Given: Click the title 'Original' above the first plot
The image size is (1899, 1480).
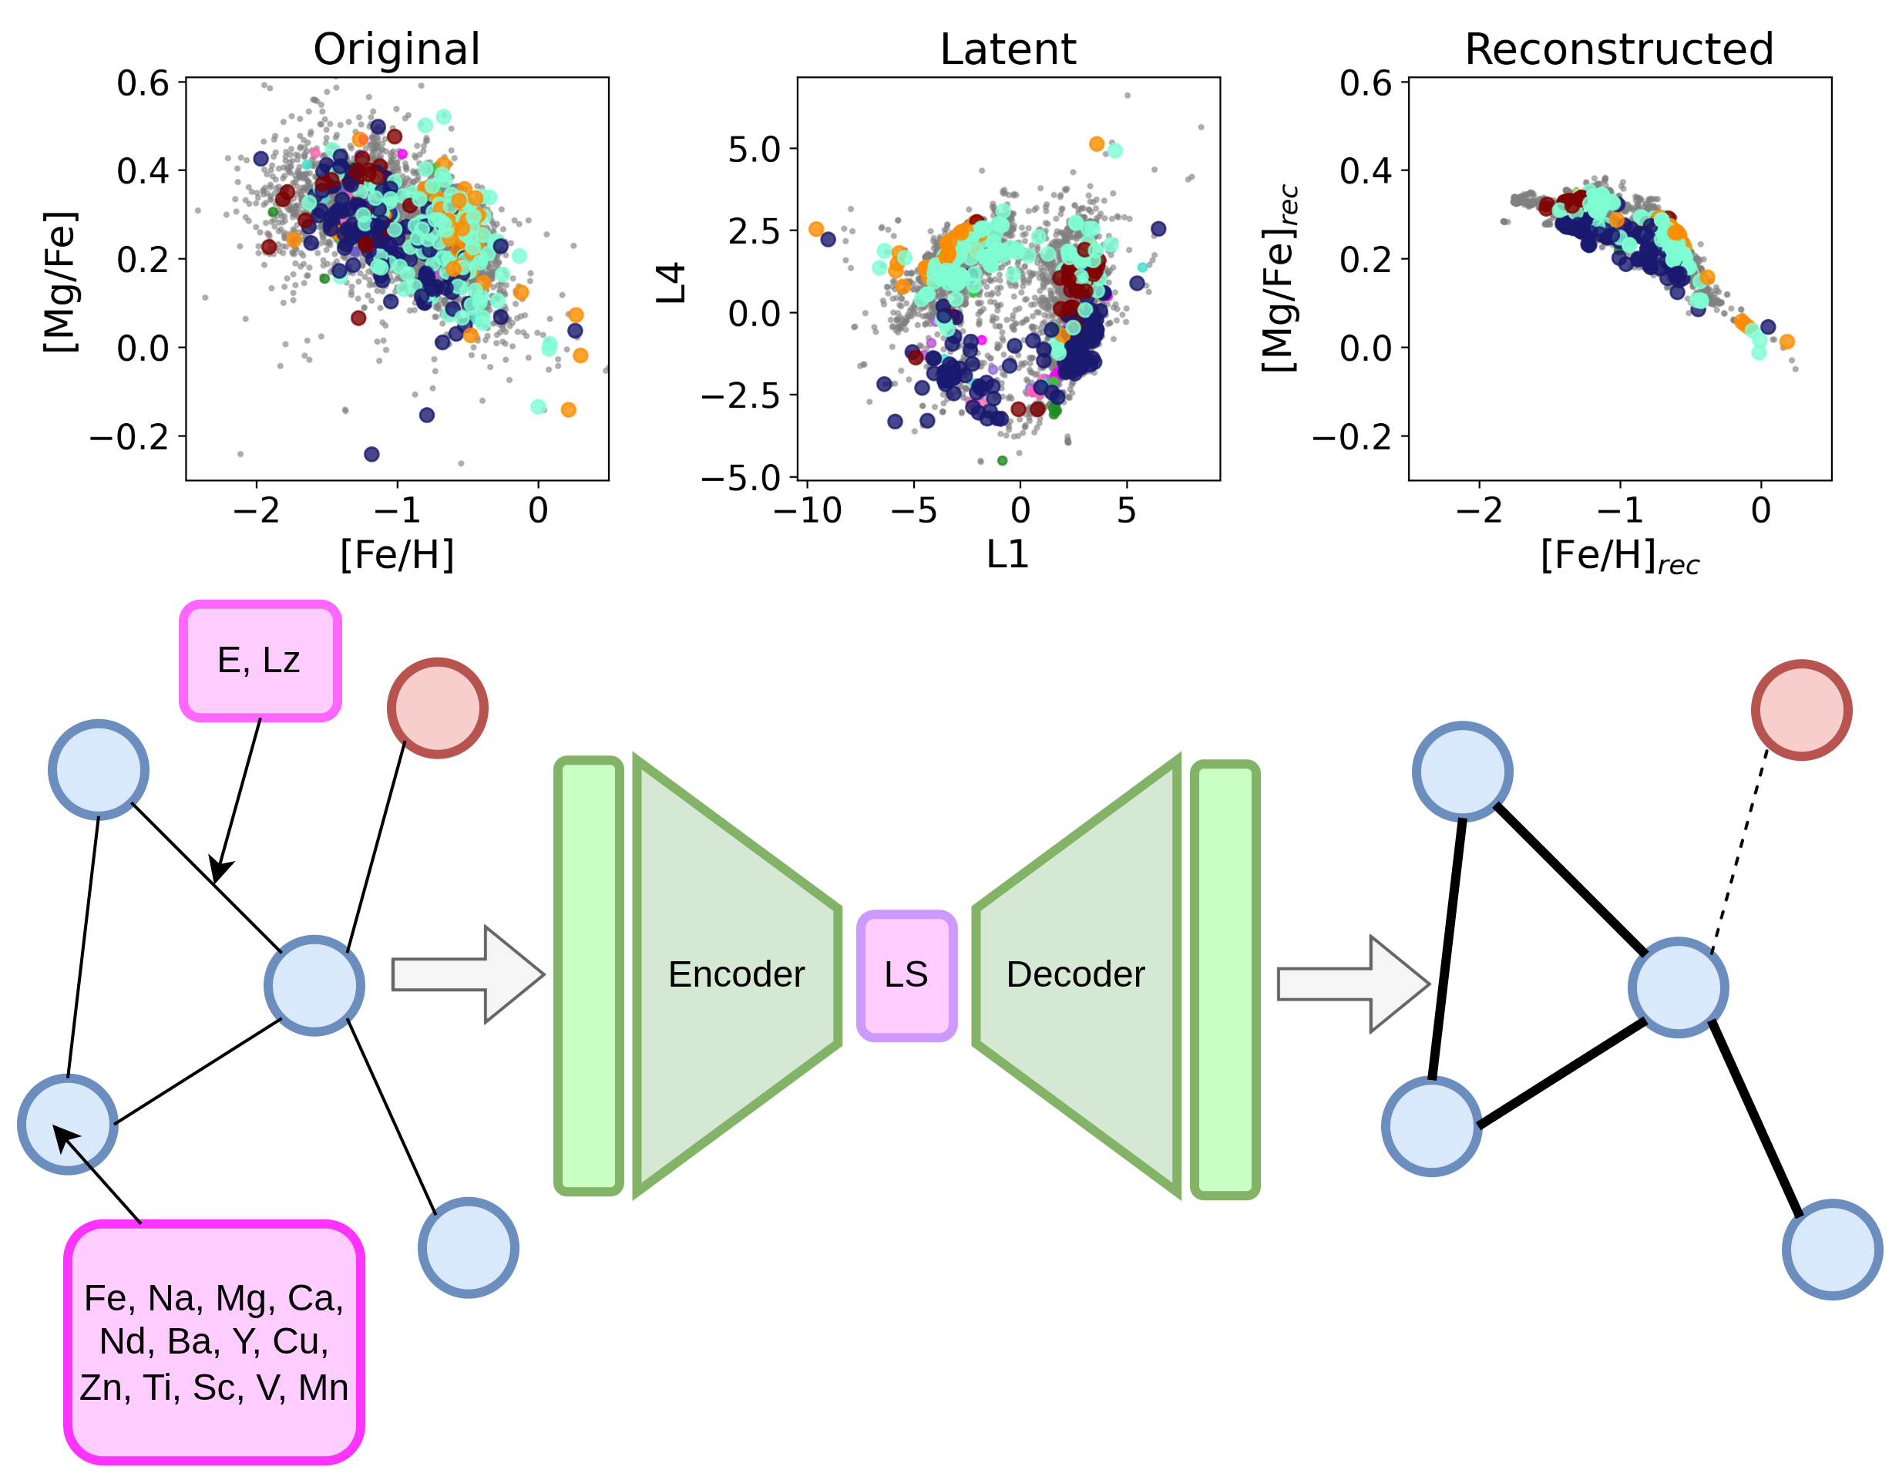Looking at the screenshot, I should click(396, 49).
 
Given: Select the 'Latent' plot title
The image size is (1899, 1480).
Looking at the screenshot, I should click(1008, 49).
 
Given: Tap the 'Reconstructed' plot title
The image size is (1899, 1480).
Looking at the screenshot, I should click(1619, 49).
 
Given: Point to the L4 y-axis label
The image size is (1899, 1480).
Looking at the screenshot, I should click(671, 283).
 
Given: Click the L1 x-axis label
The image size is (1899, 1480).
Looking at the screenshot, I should click(1008, 555).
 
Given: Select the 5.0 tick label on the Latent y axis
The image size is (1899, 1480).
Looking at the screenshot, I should click(755, 150).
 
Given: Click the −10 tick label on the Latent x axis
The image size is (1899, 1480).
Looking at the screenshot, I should click(807, 511).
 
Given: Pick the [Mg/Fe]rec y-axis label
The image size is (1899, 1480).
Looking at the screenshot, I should click(1280, 278).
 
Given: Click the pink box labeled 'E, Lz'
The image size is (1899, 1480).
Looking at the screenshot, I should click(260, 661).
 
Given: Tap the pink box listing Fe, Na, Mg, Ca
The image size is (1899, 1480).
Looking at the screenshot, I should click(214, 1342).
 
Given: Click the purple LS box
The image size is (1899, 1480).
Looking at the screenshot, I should click(907, 975).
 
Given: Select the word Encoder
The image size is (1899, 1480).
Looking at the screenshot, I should click(737, 975).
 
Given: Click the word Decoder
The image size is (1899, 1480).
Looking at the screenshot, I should click(1076, 975).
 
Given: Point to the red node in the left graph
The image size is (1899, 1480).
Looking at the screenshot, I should click(437, 708).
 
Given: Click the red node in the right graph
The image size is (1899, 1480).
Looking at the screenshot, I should click(1802, 710).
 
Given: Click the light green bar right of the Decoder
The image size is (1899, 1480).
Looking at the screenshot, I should click(1225, 979).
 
